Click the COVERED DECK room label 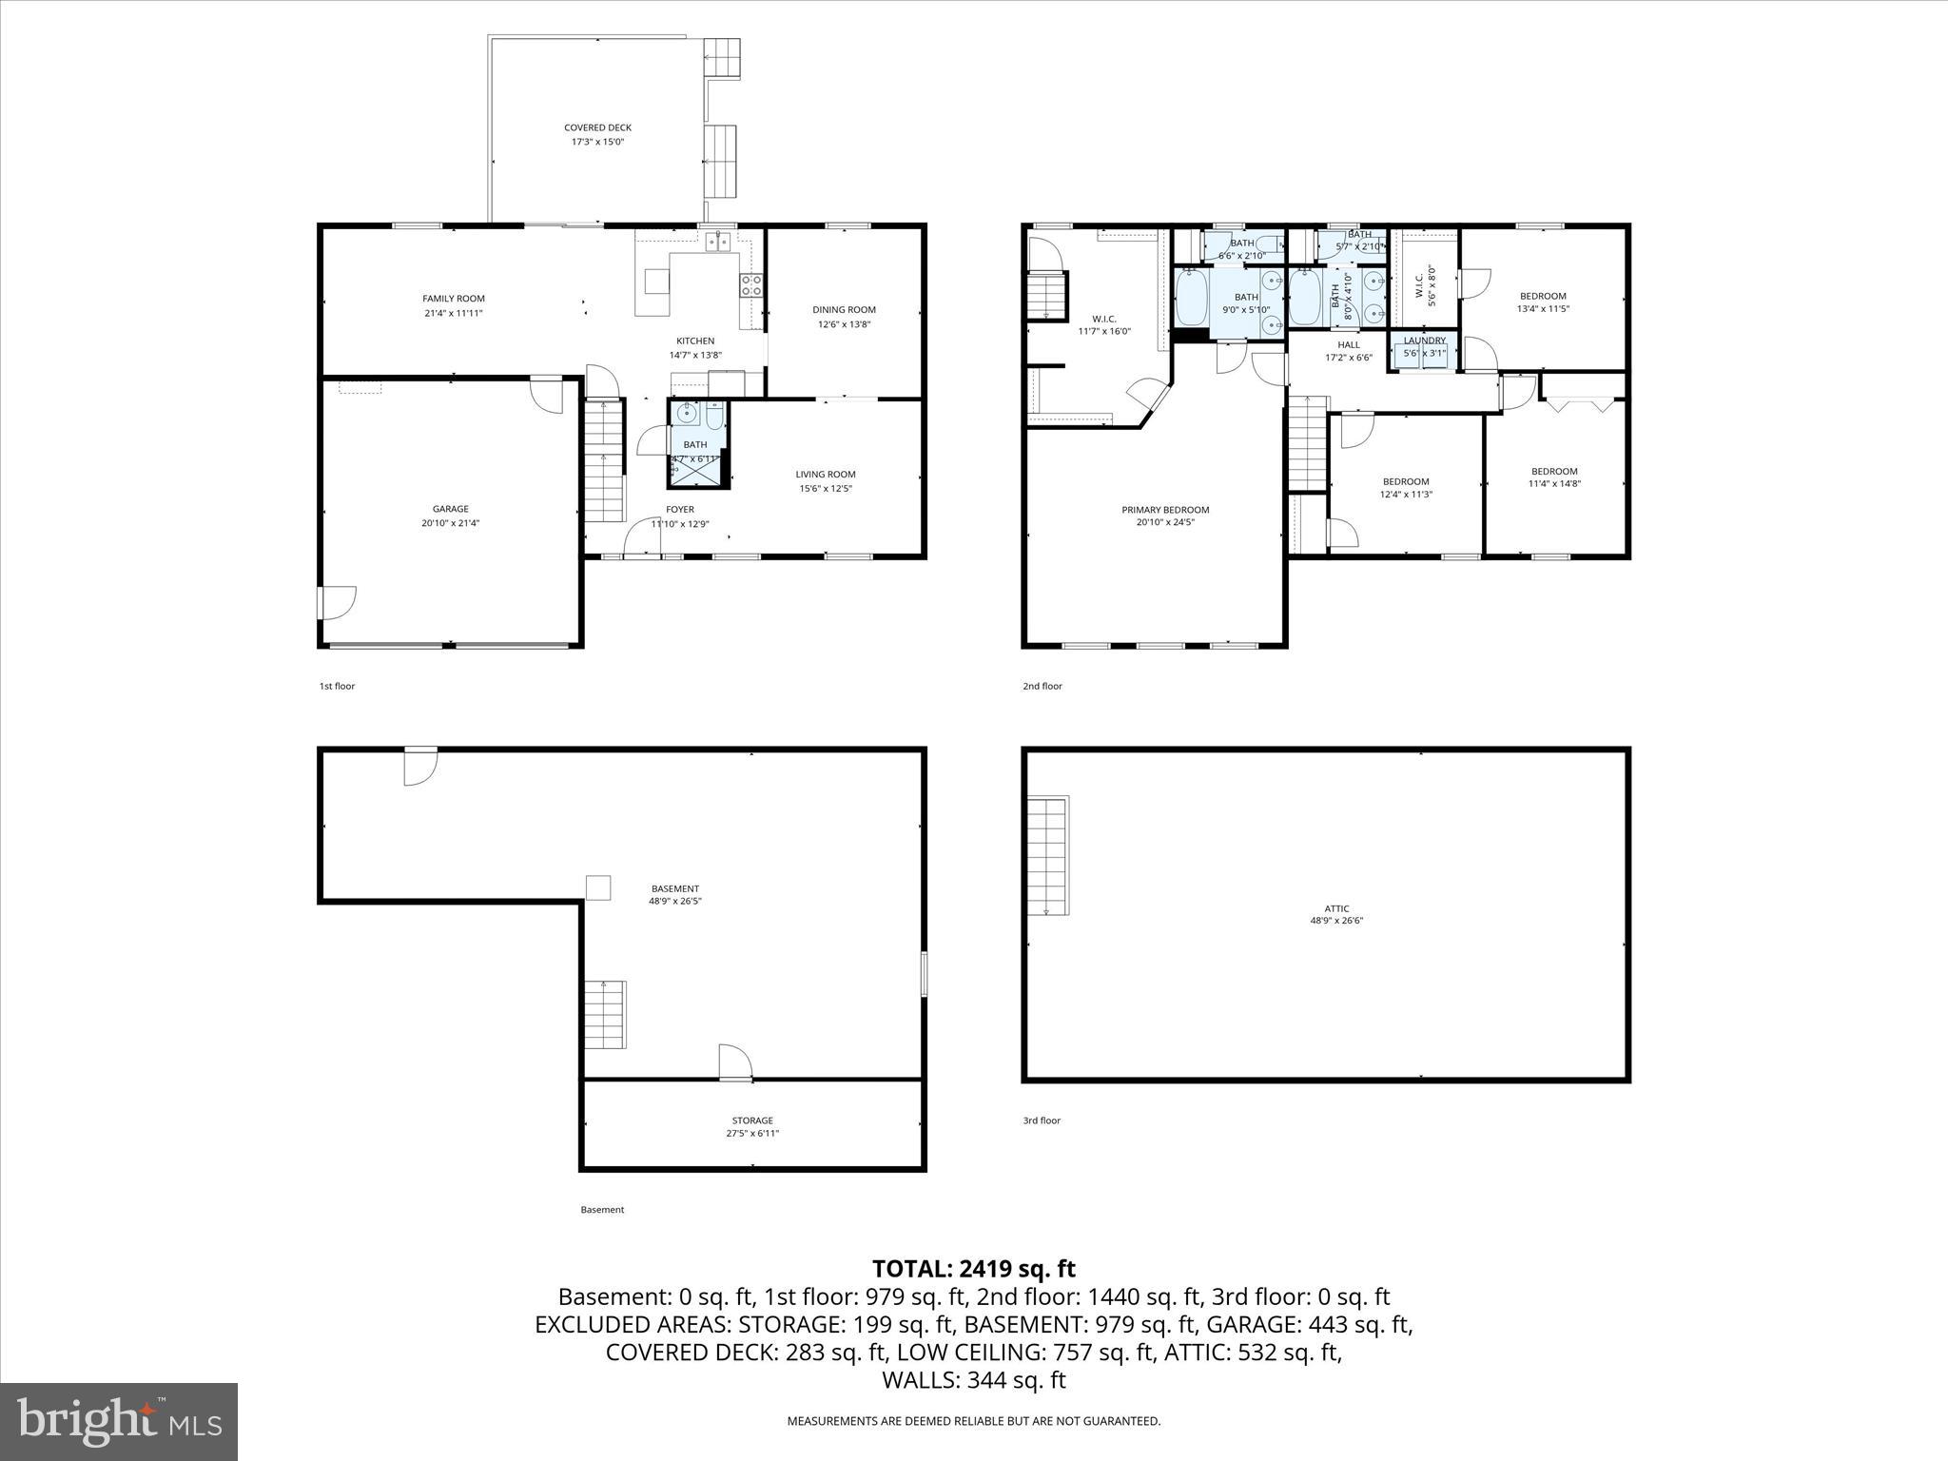click(x=597, y=127)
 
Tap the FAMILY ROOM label click(x=454, y=299)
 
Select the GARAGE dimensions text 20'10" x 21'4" click(x=450, y=523)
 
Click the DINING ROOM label click(x=844, y=310)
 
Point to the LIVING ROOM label click(x=825, y=475)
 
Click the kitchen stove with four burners click(x=750, y=285)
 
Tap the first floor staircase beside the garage click(x=603, y=460)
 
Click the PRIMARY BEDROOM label click(x=1165, y=510)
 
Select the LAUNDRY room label click(x=1424, y=341)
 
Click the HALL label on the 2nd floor click(x=1348, y=345)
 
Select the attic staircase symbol click(x=1048, y=855)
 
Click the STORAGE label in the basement click(x=752, y=1120)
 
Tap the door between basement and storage click(x=734, y=1063)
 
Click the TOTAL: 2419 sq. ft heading click(x=973, y=1269)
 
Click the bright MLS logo click(x=119, y=1422)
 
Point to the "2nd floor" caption click(x=1042, y=686)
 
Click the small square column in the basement click(x=597, y=886)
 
